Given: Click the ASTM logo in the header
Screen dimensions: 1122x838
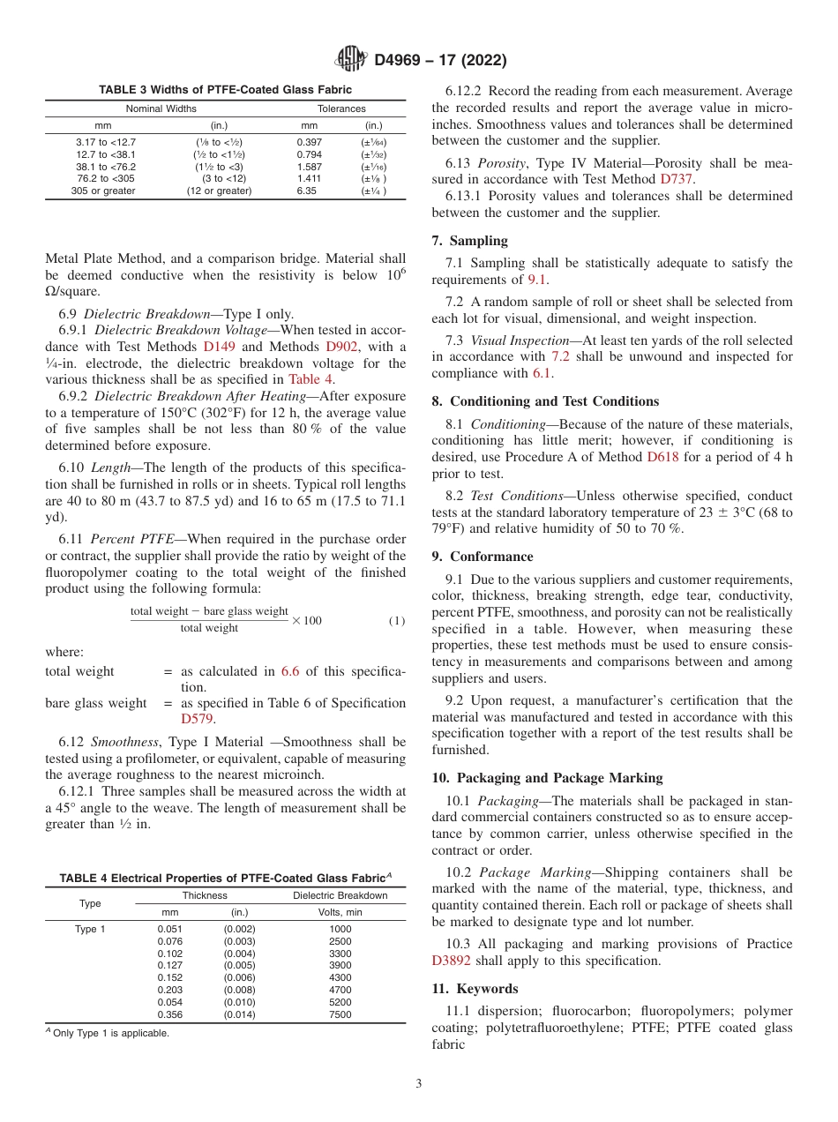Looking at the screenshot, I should [x=351, y=60].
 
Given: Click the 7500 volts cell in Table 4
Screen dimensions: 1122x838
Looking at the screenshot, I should [x=340, y=1014].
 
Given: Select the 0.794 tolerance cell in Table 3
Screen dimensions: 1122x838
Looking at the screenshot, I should [x=309, y=153].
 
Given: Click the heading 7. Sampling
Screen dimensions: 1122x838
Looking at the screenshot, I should [x=478, y=240].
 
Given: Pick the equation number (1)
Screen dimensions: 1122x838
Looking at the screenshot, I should [x=397, y=621].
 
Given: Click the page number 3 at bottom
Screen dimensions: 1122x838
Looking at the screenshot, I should [x=419, y=1084].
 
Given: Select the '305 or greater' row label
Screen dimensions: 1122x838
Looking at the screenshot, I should [x=103, y=191].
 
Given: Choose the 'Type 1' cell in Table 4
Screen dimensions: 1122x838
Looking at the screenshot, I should [x=90, y=929].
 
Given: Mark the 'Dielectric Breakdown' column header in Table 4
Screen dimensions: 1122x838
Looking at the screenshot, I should [x=340, y=895].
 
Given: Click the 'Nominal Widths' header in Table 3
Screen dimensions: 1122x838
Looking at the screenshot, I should [x=161, y=108].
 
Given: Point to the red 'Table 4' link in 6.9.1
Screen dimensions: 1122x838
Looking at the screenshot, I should [x=311, y=379].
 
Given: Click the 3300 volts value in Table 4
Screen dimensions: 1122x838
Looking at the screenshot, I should [x=340, y=954].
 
